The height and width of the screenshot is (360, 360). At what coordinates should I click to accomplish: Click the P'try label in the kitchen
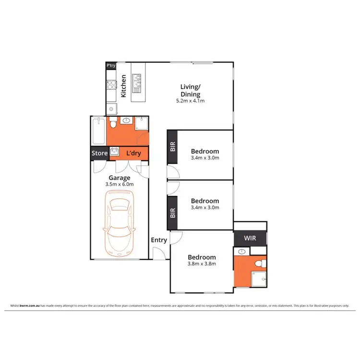tap(111, 66)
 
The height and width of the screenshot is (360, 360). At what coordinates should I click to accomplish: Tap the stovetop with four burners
tap(111, 86)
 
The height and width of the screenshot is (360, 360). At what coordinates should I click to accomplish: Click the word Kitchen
tap(123, 86)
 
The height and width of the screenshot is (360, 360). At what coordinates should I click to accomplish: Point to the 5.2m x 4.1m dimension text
tap(190, 101)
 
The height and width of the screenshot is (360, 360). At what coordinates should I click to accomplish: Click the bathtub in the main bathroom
tap(98, 130)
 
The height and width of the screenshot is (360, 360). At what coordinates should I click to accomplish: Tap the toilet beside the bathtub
tap(112, 124)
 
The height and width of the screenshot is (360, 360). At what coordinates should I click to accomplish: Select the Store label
tap(99, 154)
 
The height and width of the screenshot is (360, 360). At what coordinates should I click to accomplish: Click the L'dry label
tap(133, 154)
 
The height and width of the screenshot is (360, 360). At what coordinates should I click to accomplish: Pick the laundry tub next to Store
tap(114, 153)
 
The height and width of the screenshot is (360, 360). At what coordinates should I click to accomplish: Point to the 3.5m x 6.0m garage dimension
tap(119, 184)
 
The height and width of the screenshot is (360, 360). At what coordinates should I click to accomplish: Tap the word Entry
tap(159, 240)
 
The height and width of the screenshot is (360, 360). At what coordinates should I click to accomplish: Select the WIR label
tap(250, 238)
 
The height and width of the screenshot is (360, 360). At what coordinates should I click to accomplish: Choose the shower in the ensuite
tap(259, 278)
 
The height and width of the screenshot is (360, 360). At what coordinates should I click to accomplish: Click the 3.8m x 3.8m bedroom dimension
tap(202, 264)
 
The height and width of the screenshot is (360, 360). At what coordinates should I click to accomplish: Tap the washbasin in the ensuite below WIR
tap(242, 252)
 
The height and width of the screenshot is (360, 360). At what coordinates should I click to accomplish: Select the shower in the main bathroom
tap(141, 124)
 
